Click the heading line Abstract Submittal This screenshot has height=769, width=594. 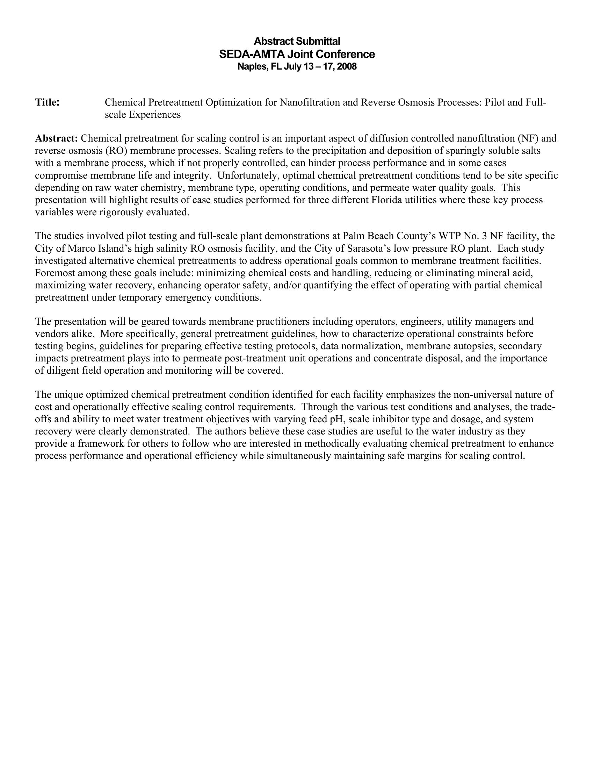(297, 41)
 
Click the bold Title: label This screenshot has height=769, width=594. (47, 102)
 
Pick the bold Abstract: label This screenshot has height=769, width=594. (56, 138)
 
